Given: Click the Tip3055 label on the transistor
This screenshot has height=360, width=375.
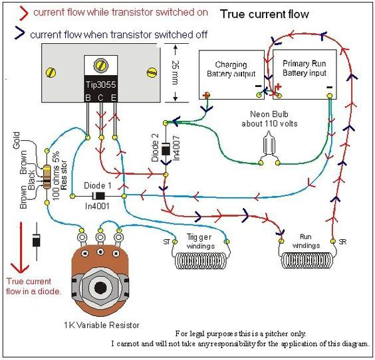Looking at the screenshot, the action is point(100,84).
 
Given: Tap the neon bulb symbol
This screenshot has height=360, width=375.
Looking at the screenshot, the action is point(269,145).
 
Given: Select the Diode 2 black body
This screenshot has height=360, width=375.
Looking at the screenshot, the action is point(166,149).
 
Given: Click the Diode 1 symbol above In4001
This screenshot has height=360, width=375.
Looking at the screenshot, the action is point(98,196).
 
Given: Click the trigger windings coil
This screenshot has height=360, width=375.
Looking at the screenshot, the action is point(200,260).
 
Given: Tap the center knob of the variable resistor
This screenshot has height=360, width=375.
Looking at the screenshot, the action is point(100,288).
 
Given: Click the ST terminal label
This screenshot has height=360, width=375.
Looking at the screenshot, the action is point(167,242).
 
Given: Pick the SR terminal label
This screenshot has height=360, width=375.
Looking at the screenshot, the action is point(342,242).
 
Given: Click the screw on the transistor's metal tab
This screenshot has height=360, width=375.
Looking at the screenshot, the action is point(100,65).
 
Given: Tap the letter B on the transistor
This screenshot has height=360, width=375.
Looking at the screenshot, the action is point(88,98).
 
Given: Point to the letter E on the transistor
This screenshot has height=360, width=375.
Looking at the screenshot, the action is point(114,98).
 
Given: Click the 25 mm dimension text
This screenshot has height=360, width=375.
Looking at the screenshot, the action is point(176,73).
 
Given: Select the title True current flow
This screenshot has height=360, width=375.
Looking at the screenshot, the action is point(264,14).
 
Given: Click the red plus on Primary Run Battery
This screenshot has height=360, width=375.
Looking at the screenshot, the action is point(278,87).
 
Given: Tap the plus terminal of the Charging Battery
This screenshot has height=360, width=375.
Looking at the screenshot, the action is point(206,96).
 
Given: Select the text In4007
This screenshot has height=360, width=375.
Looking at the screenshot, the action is point(176,148).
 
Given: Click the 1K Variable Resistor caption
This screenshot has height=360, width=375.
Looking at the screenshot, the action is point(102,325).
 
